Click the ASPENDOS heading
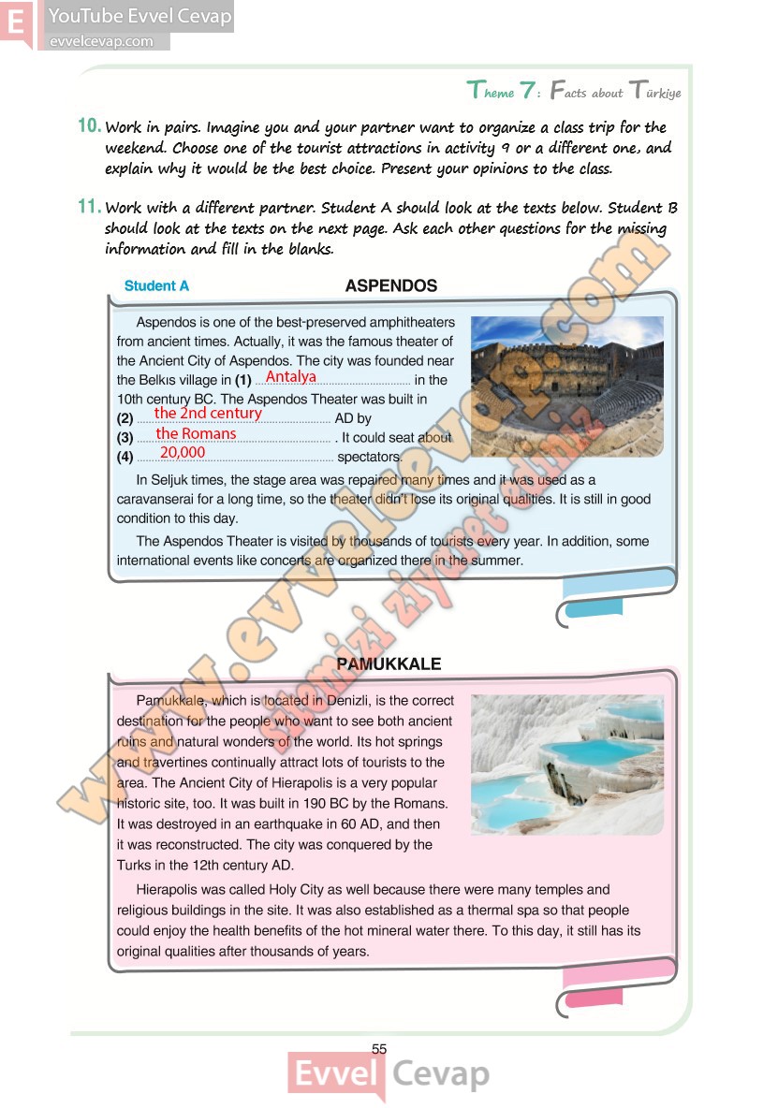390,285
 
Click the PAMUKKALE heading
389,664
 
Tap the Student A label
156,286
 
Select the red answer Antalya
291,377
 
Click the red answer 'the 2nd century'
208,413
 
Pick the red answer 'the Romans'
196,433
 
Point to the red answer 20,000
182,453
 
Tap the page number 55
379,1049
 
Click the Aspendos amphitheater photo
566,384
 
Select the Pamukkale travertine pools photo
566,764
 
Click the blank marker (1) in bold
243,381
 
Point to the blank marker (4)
125,458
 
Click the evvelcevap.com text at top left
101,41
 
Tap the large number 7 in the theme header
529,91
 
